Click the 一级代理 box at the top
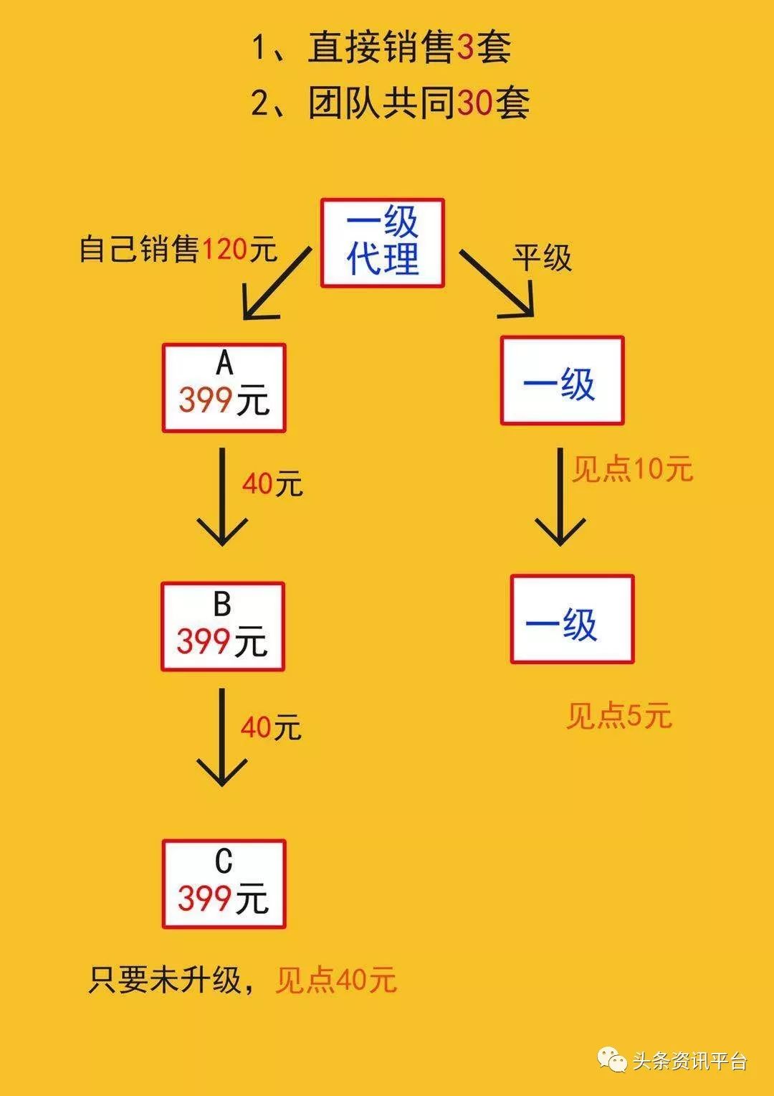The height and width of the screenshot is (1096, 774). tap(382, 243)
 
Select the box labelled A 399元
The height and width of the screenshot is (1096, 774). tap(224, 388)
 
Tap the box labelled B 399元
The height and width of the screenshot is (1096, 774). tap(222, 627)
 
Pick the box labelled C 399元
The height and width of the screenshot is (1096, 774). tap(224, 884)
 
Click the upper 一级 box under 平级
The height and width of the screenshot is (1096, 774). tap(562, 380)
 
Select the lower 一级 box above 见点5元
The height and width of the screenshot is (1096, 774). tap(572, 619)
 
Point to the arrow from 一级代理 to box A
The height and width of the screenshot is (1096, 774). tap(276, 284)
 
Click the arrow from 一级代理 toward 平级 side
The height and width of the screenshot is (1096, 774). tap(498, 284)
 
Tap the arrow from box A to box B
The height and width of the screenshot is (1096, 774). tap(222, 496)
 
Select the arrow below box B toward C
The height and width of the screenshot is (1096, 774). tap(222, 737)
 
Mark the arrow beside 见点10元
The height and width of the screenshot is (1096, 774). tap(560, 496)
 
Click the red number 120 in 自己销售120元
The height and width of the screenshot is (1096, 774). tap(224, 250)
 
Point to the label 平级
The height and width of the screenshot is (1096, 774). tap(542, 258)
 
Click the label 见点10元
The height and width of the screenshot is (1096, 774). tap(632, 469)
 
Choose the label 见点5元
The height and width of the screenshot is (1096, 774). tap(618, 716)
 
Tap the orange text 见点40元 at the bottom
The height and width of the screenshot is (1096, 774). tap(335, 980)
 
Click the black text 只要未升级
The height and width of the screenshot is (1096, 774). tap(165, 980)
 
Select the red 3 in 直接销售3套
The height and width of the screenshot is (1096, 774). tap(465, 48)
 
